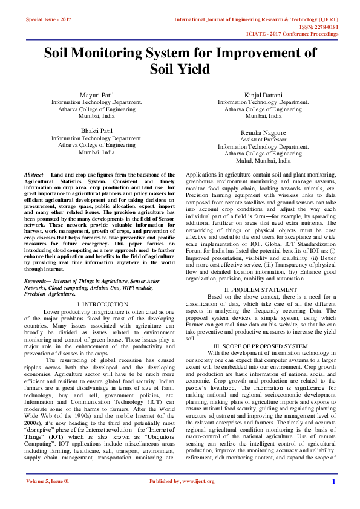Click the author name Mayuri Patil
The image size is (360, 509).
point(96,96)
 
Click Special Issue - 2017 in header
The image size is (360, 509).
point(48,20)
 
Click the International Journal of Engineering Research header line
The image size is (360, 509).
point(256,20)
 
